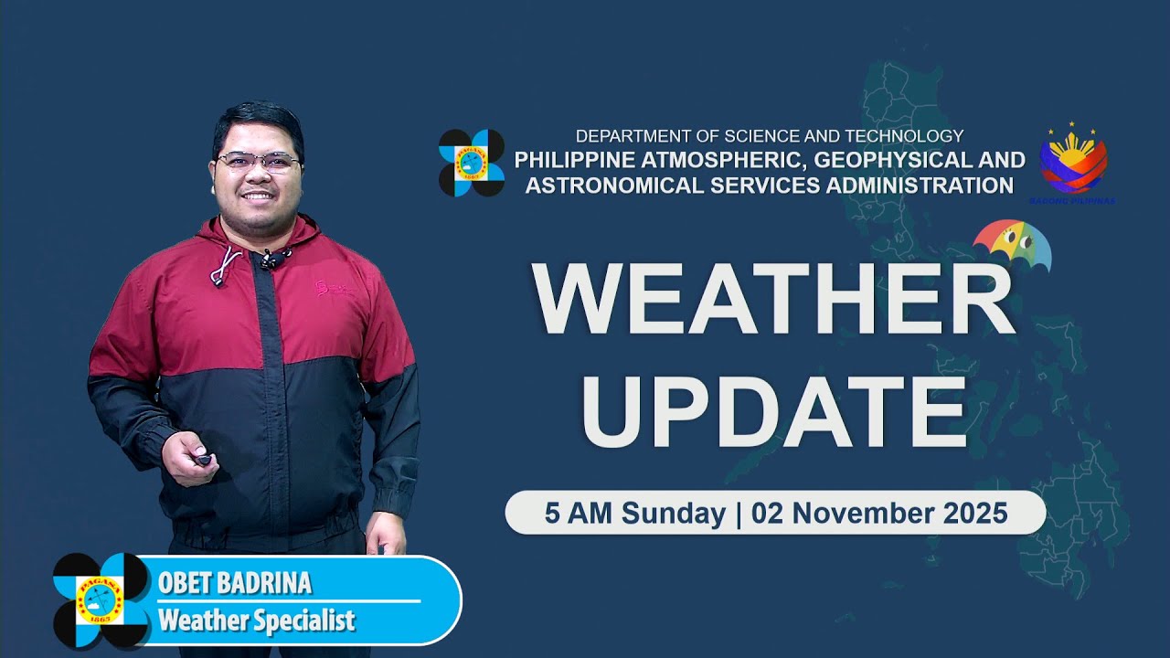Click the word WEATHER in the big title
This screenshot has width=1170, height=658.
[773, 300]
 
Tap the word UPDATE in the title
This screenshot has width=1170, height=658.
[773, 409]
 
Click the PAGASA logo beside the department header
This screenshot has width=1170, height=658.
[472, 163]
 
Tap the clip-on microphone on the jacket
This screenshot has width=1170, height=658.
[271, 260]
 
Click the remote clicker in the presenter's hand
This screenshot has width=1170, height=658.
[202, 460]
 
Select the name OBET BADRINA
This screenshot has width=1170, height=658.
[234, 583]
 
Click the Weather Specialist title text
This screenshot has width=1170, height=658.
[256, 621]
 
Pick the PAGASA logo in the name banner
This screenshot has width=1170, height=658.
[100, 600]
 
